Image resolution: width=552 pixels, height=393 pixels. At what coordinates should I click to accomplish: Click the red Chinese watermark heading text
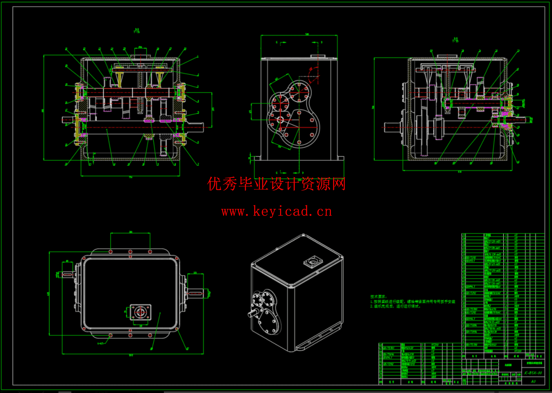(276, 184)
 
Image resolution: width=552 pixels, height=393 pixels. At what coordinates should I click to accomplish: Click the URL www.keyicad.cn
(276, 212)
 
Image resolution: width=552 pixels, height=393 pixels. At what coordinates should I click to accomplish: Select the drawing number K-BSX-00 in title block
(533, 373)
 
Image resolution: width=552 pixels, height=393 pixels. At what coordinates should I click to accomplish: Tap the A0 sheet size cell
(533, 381)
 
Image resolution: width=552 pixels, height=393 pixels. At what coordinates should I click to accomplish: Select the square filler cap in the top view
(140, 312)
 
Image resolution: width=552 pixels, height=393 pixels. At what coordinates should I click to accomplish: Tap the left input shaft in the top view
(68, 275)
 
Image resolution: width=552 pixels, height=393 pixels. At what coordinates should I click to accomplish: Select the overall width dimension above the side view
(299, 35)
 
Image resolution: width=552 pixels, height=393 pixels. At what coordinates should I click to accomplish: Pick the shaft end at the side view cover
(280, 119)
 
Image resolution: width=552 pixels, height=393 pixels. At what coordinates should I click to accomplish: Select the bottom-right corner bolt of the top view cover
(177, 328)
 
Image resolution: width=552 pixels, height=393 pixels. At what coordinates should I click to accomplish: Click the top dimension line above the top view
(131, 233)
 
